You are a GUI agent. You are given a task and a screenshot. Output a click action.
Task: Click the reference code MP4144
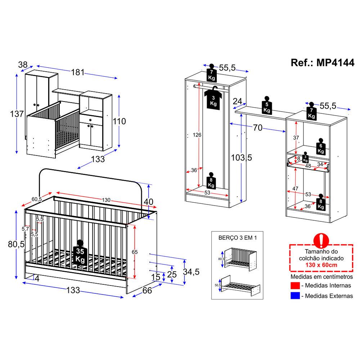click(x=335, y=62)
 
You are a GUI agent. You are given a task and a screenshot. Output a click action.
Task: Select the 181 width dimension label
click(x=78, y=72)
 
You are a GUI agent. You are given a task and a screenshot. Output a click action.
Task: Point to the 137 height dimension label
click(x=17, y=114)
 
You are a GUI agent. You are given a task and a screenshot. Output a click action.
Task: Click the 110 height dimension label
click(x=119, y=121)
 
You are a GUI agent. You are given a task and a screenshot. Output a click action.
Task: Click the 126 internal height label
click(x=197, y=135)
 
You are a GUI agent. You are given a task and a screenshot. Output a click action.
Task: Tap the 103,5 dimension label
click(x=241, y=158)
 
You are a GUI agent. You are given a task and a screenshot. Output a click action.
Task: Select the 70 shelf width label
click(x=258, y=128)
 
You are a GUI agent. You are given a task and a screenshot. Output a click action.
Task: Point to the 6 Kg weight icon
click(x=321, y=147)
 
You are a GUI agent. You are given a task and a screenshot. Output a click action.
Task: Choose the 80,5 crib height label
click(x=16, y=244)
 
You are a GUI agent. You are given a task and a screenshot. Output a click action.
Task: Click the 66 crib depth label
click(x=147, y=291)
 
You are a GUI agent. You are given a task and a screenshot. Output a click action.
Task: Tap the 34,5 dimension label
click(x=191, y=272)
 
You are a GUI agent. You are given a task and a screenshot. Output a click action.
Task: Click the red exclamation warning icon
click(x=321, y=240)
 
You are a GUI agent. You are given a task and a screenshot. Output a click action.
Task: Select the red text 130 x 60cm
click(x=321, y=265)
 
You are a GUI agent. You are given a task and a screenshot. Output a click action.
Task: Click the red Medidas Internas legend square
click(x=295, y=285)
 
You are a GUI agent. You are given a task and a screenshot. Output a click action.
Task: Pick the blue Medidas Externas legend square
click(x=295, y=296)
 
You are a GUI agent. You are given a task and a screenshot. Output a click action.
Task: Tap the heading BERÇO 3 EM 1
click(x=237, y=238)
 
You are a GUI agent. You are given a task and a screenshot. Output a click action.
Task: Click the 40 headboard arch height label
click(x=148, y=202)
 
